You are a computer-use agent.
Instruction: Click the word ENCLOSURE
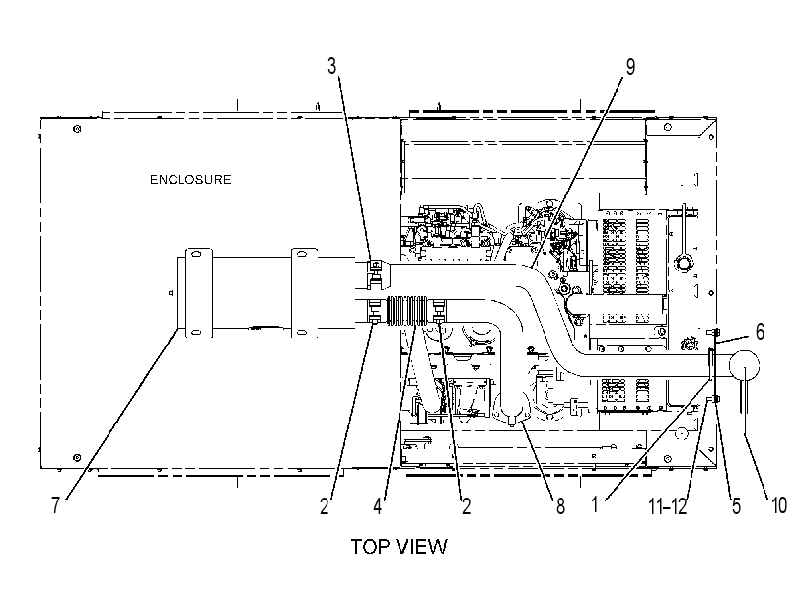pyautogui.click(x=190, y=180)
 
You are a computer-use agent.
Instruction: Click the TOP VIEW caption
pyautogui.click(x=399, y=547)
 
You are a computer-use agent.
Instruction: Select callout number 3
pyautogui.click(x=332, y=66)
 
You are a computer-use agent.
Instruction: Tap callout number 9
pyautogui.click(x=630, y=67)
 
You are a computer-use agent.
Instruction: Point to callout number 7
pyautogui.click(x=55, y=505)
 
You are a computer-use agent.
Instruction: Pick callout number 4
pyautogui.click(x=377, y=506)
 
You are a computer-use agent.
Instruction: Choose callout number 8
pyautogui.click(x=560, y=506)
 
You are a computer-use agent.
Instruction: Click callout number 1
pyautogui.click(x=595, y=504)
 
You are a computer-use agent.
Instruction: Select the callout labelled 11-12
pyautogui.click(x=668, y=506)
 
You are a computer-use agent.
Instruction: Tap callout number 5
pyautogui.click(x=736, y=506)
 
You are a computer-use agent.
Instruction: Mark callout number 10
pyautogui.click(x=778, y=505)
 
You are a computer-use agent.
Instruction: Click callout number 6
pyautogui.click(x=760, y=332)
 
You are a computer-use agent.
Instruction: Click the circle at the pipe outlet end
pyautogui.click(x=744, y=365)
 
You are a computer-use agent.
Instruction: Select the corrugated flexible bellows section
pyautogui.click(x=407, y=310)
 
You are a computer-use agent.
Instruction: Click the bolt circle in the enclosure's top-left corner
pyautogui.click(x=77, y=129)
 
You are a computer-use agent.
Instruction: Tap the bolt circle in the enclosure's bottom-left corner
pyautogui.click(x=77, y=458)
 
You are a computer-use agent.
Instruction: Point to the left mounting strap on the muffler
pyautogui.click(x=198, y=292)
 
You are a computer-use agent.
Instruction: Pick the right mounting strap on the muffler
pyautogui.click(x=304, y=292)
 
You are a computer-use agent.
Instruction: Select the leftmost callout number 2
pyautogui.click(x=325, y=506)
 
